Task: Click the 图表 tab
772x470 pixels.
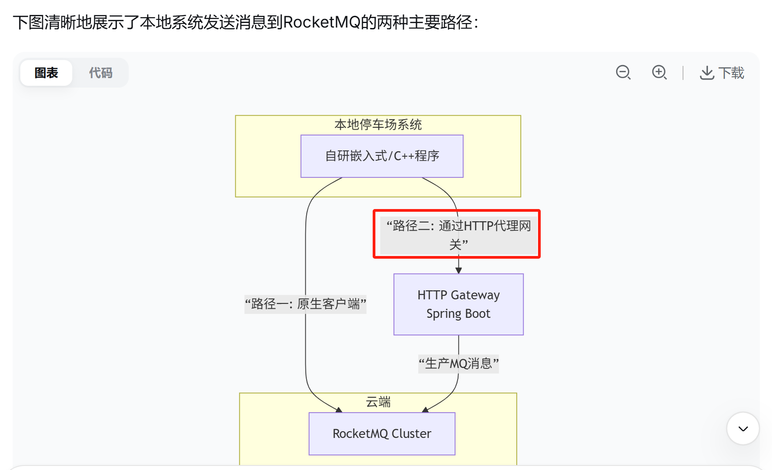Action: pyautogui.click(x=46, y=73)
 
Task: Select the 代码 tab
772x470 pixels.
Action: pyautogui.click(x=100, y=73)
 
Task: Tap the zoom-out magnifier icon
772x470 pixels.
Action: pyautogui.click(x=623, y=72)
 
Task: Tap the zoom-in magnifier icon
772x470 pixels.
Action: pyautogui.click(x=659, y=72)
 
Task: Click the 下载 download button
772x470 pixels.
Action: pyautogui.click(x=722, y=73)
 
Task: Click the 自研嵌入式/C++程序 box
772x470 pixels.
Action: pyautogui.click(x=382, y=156)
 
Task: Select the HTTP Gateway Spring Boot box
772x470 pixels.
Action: pyautogui.click(x=459, y=304)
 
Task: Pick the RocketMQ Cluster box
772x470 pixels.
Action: pyautogui.click(x=382, y=433)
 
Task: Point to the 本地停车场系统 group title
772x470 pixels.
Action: pyautogui.click(x=378, y=125)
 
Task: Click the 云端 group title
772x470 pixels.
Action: pyautogui.click(x=378, y=402)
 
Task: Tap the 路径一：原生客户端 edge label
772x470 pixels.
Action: pyautogui.click(x=305, y=304)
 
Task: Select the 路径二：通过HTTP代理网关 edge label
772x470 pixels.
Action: pyautogui.click(x=459, y=235)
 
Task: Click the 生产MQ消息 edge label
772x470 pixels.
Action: pyautogui.click(x=459, y=363)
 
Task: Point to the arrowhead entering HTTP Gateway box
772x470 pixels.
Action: pyautogui.click(x=459, y=270)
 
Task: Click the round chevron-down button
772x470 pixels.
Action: pyautogui.click(x=743, y=428)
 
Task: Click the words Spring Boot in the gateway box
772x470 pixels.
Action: pyautogui.click(x=459, y=314)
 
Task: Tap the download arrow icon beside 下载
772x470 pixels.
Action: pyautogui.click(x=707, y=73)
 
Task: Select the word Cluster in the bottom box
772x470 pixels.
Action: pyautogui.click(x=411, y=433)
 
